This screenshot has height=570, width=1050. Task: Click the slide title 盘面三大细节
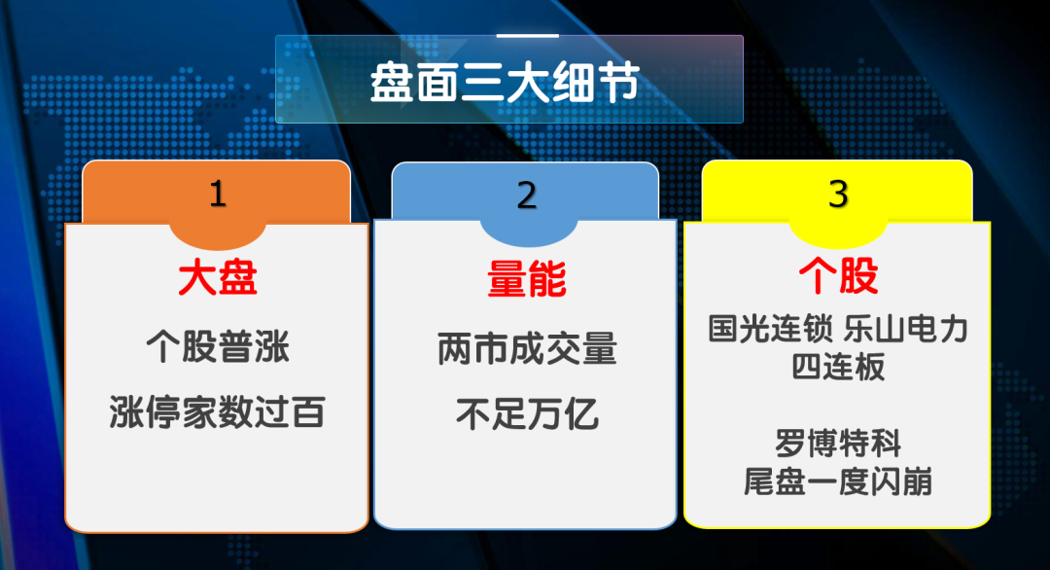505,83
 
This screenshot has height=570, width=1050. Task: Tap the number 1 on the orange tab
218,195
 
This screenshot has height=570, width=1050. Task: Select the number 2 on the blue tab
527,196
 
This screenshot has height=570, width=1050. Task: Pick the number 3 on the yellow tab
838,195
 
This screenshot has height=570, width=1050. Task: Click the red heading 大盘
218,278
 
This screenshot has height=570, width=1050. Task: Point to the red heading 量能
527,279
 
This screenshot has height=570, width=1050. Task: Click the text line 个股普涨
218,347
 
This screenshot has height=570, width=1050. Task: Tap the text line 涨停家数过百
218,411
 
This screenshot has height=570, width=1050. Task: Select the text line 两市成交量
527,348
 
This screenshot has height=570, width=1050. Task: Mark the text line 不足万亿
527,413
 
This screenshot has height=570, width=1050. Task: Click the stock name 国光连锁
771,328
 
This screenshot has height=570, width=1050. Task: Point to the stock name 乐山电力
906,328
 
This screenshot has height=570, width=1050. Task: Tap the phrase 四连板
838,367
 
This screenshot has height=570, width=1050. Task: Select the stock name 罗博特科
838,443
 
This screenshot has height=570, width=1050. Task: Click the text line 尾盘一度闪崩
838,481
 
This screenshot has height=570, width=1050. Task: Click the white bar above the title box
528,35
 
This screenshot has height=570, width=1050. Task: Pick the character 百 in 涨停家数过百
308,411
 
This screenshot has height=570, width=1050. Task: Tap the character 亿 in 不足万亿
581,413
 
